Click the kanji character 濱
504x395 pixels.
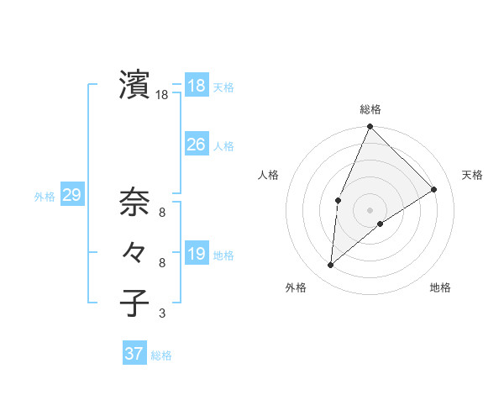pos(134,85)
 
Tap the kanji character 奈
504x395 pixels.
pos(134,202)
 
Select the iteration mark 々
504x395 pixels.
pos(134,252)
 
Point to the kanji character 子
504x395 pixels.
pos(134,303)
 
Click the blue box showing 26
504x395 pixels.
pos(197,145)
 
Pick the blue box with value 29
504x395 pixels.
pos(71,196)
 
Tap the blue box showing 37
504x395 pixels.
pos(134,354)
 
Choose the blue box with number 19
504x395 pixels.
pos(197,254)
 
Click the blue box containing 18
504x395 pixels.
pos(197,86)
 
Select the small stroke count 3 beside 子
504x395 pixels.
pos(162,314)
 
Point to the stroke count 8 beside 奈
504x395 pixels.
pos(162,213)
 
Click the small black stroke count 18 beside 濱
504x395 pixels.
pos(162,96)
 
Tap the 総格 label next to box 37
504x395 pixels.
pos(161,355)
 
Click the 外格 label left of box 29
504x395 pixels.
pos(45,197)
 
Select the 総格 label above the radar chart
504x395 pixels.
pos(370,109)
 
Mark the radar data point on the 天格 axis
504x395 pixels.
pos(434,189)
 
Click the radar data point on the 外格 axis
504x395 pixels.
pos(331,265)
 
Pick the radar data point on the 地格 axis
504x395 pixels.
pos(381,224)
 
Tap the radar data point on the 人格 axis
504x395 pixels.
pos(338,200)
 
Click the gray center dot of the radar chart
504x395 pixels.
pos(370,210)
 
